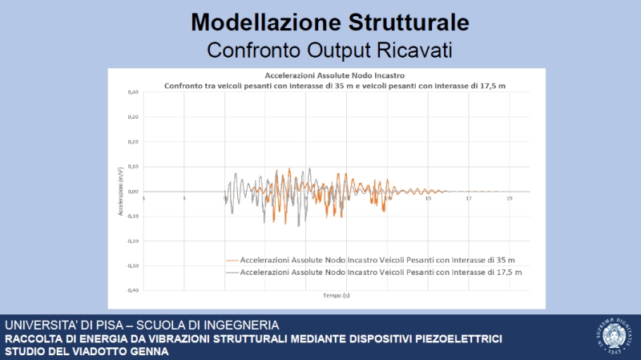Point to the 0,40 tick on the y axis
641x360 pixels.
[134, 92]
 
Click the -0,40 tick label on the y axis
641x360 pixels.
[133, 290]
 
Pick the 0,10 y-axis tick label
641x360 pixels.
[134, 167]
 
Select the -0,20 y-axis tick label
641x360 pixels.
[133, 241]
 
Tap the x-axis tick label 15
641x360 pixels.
[429, 197]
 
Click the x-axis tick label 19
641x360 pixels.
[510, 197]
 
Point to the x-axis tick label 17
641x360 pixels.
[469, 197]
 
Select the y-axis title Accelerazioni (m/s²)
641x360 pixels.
[120, 192]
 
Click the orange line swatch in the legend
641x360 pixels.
[233, 260]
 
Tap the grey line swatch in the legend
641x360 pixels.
[233, 273]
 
